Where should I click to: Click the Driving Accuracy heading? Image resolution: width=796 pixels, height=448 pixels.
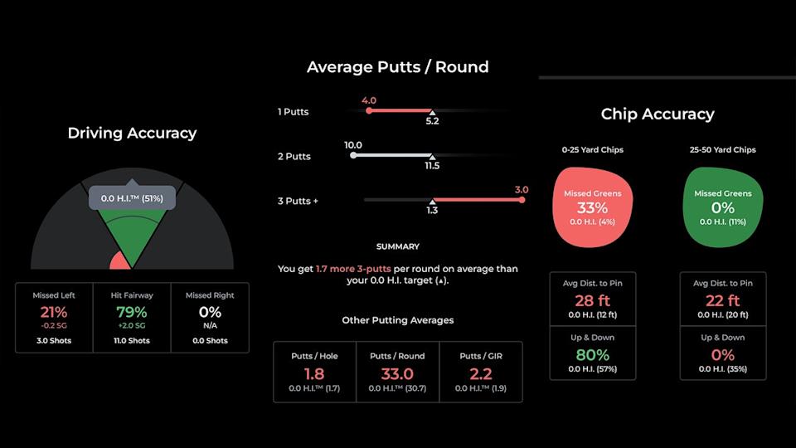coord(132,133)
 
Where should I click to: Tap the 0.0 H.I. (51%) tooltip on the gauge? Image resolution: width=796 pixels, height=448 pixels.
coord(132,198)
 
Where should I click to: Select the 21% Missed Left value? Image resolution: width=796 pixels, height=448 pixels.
coord(53,312)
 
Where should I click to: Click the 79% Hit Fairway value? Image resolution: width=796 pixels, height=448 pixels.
coord(132,312)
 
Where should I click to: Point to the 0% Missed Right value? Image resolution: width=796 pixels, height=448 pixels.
coord(210,312)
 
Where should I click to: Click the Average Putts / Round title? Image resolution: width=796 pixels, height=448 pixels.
coord(397,67)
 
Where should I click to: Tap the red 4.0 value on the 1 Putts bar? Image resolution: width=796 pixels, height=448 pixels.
coord(369,100)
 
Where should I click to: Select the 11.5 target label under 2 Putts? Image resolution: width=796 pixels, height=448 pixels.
coord(432,166)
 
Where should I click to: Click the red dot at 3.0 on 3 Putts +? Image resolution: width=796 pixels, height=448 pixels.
coord(522,199)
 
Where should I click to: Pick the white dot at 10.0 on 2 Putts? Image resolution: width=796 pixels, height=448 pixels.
coord(354,155)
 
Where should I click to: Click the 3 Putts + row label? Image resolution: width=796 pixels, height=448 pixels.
coord(298,201)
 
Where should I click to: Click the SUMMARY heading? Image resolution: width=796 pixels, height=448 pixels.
coord(397,246)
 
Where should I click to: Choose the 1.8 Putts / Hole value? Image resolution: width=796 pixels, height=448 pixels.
coord(313,373)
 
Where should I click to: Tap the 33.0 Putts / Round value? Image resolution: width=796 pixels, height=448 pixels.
coord(397,373)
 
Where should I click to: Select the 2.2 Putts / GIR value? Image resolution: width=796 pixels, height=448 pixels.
coord(481,373)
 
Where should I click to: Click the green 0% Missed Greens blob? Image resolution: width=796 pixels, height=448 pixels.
coord(722,207)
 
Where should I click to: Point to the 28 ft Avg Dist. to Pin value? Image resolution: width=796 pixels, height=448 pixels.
coord(592,300)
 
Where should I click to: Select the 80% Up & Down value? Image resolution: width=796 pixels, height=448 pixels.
coord(592,354)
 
